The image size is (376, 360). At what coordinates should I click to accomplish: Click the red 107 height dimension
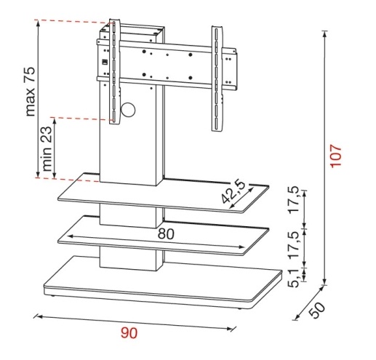tap(336, 156)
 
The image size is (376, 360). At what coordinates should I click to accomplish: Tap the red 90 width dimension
tap(129, 333)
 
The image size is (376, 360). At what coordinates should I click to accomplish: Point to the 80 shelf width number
tap(166, 234)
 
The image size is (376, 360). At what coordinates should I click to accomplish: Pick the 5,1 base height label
tap(294, 278)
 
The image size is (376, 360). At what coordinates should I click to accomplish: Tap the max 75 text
tap(31, 92)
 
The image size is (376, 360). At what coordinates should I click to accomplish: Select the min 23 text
tap(47, 148)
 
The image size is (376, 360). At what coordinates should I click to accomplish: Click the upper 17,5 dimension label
tap(294, 199)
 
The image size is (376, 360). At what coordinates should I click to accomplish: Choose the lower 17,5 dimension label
tap(294, 244)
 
